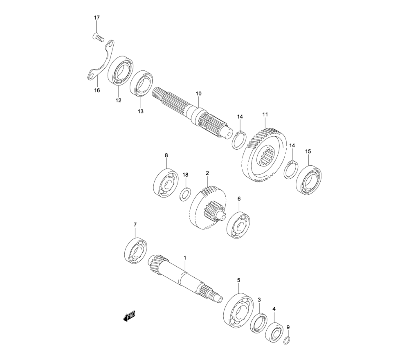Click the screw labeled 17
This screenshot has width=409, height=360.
(x=98, y=37)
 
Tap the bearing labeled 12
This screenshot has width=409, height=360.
(x=121, y=70)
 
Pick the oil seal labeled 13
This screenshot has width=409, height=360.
(x=142, y=83)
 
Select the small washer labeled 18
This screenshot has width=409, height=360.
(x=185, y=194)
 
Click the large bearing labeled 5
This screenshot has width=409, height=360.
(x=238, y=310)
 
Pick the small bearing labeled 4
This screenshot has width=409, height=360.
(x=274, y=333)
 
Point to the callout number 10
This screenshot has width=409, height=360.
(x=198, y=94)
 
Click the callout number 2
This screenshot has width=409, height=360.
(x=207, y=173)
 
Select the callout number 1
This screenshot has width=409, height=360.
(x=185, y=258)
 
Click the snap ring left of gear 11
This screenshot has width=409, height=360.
(x=238, y=141)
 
